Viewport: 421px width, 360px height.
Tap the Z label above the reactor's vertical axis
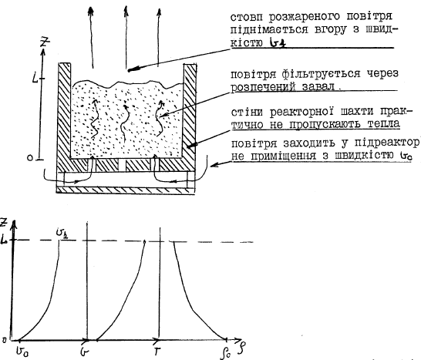click(x=45, y=42)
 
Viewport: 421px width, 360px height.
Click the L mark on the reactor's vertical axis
click(x=35, y=78)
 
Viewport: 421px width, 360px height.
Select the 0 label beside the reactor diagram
click(x=30, y=158)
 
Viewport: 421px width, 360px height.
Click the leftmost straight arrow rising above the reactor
click(x=92, y=37)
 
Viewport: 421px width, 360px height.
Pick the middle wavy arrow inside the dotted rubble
click(x=124, y=123)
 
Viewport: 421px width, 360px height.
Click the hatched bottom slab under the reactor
click(x=125, y=190)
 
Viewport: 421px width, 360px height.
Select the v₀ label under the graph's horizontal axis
click(x=22, y=350)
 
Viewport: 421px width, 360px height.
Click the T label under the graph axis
click(x=157, y=352)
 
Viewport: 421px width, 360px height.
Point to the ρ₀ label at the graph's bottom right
click(x=224, y=354)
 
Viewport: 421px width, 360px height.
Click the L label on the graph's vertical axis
click(x=3, y=241)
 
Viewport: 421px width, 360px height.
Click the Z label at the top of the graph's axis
click(x=4, y=223)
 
